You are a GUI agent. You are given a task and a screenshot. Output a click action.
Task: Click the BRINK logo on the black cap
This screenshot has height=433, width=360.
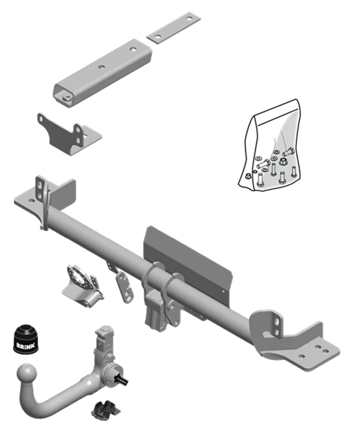pos(26,346)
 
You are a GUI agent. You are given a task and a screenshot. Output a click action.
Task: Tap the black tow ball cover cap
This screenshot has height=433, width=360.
pos(26,339)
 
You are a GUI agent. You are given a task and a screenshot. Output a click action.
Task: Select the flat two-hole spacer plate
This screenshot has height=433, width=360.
pos(173,27)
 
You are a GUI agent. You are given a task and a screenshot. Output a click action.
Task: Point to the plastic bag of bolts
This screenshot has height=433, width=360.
pos(269,146)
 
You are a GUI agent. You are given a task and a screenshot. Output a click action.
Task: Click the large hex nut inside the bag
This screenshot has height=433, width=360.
pos(283,162)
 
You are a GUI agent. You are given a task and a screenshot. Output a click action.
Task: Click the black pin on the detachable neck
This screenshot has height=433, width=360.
pos(123,380)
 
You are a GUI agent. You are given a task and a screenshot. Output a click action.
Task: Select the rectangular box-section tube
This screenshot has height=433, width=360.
pos(102,73)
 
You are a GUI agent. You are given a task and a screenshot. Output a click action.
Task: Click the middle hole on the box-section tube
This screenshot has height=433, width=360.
pos(101,67)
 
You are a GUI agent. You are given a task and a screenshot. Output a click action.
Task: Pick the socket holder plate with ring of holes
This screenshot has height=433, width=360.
pos(83,284)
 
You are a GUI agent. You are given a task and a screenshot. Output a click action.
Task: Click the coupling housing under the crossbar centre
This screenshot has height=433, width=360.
pos(155,310)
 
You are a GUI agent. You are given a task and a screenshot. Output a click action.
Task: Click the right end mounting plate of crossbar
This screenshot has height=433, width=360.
pos(295,341)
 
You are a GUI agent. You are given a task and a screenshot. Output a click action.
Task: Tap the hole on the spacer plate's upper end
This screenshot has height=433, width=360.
pos(189,19)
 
